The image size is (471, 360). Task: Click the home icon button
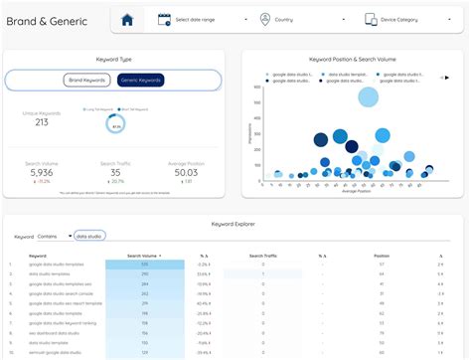pos(126,20)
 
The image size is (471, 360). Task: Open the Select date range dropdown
pos(199,20)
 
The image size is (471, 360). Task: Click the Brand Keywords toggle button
pos(88,81)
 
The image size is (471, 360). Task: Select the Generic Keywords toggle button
pos(140,81)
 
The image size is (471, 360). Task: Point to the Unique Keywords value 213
pos(42,123)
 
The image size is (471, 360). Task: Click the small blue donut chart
pos(116,123)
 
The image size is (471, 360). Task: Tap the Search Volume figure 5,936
pos(42,172)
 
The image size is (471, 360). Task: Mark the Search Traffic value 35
pos(116,172)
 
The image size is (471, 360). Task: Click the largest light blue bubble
pos(368,96)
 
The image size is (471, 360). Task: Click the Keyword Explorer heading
pos(235,226)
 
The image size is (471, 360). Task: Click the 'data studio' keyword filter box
pos(93,238)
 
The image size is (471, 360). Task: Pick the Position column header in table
pos(382,256)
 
